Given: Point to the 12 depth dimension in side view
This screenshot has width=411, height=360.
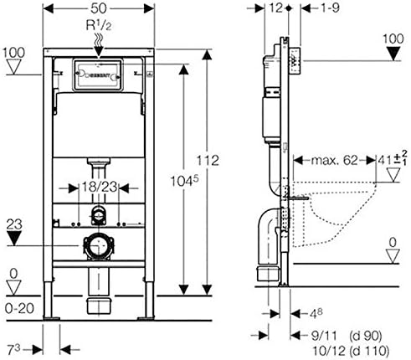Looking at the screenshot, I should coord(276,8).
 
